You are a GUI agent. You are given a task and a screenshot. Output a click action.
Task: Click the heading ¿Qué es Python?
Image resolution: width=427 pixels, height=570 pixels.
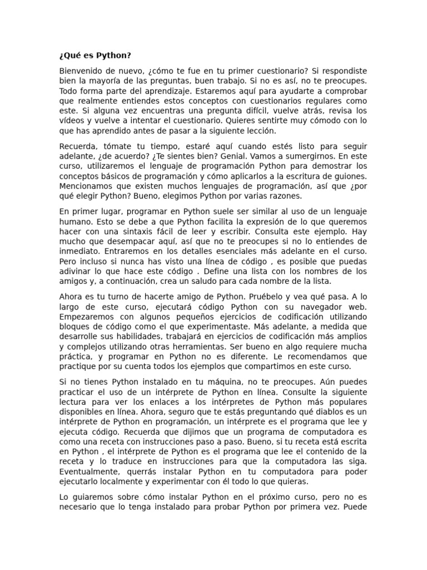click(95, 56)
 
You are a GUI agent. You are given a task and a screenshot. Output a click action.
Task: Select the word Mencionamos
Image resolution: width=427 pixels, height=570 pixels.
click(87, 186)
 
